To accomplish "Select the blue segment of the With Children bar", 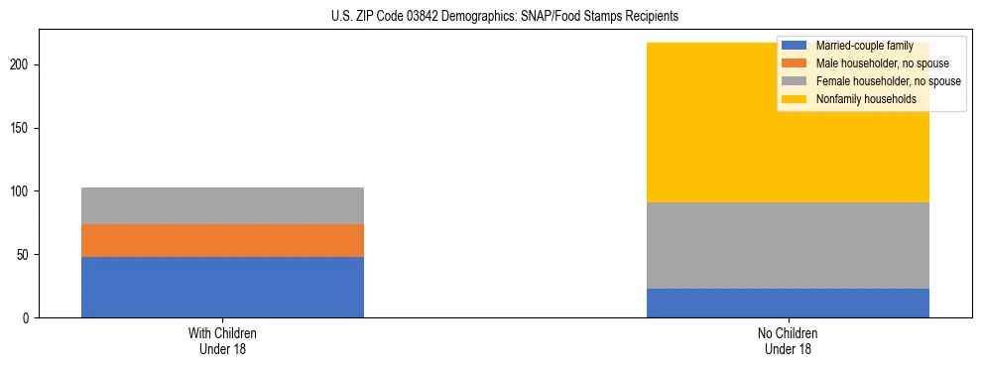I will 222,287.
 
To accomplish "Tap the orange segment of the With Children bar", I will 222,240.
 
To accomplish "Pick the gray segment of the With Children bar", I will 222,205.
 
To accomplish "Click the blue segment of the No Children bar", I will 788,303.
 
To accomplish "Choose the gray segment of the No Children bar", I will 788,245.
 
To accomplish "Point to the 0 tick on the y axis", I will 29,318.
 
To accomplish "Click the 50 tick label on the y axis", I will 26,255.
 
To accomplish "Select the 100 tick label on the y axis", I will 23,191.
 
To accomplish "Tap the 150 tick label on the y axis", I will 23,128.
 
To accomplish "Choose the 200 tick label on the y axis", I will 23,64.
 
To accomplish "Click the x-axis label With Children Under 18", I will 222,340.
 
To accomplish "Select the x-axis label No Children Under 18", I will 788,340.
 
